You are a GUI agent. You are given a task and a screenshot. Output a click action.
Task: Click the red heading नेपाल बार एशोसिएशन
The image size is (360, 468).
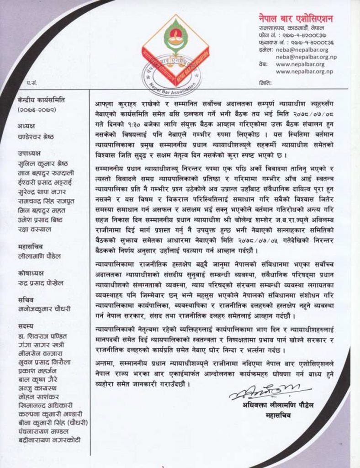tap(295, 19)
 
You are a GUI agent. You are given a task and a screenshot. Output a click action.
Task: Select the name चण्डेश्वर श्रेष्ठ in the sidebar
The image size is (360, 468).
tap(38, 134)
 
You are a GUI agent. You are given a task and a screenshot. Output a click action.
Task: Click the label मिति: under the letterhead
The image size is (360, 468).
tap(265, 84)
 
